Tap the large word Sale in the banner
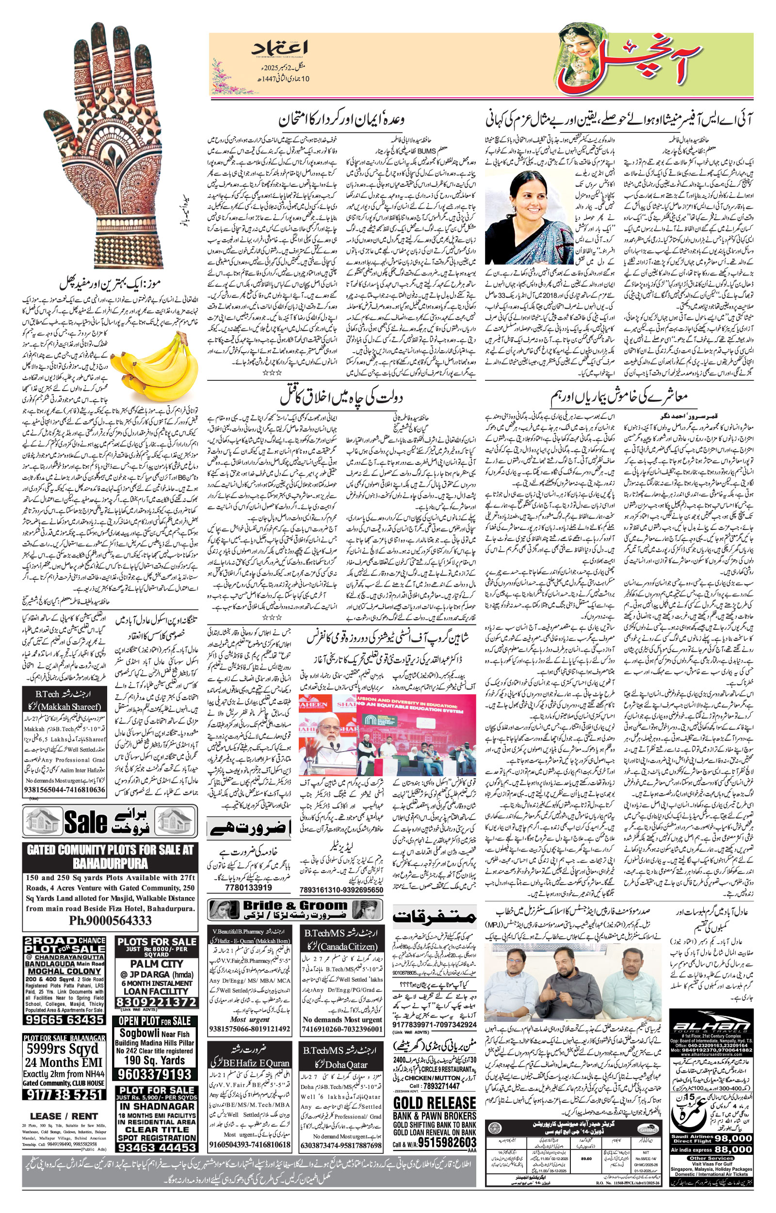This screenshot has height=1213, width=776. click(86, 821)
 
